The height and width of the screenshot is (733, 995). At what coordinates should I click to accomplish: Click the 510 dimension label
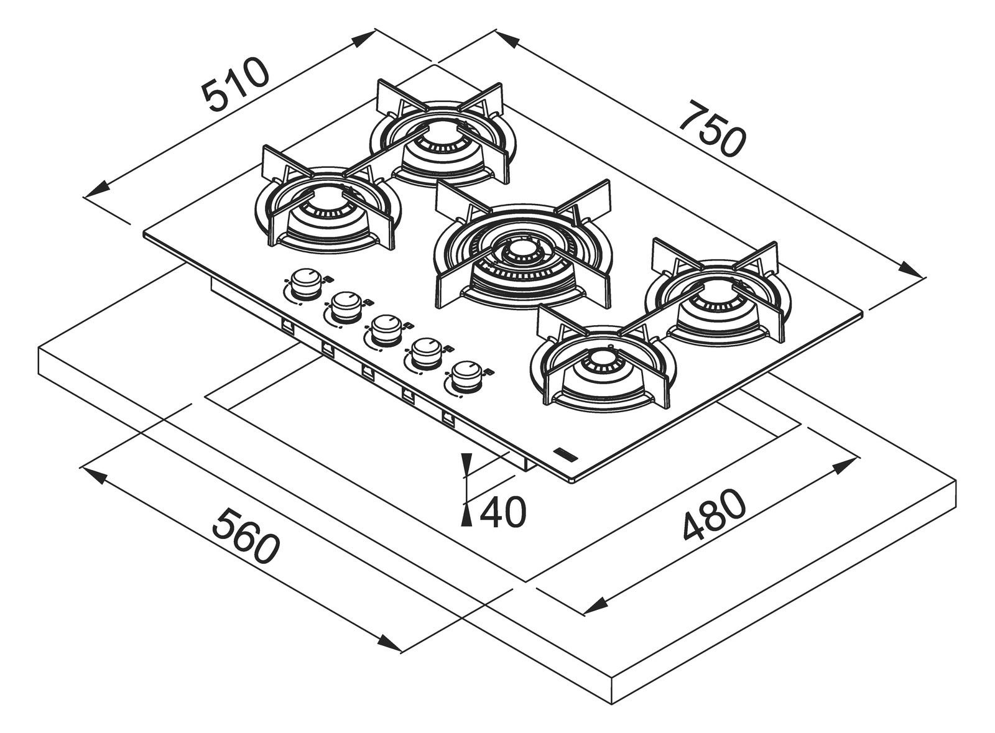(236, 90)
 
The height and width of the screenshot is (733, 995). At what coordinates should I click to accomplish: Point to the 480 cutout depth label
(713, 515)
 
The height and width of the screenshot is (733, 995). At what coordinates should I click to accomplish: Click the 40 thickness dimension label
(502, 512)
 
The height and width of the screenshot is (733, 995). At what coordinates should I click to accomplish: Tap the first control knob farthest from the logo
(305, 284)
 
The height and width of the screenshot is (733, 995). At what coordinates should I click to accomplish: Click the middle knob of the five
(385, 331)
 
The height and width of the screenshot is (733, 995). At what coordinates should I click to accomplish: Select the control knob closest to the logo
(465, 377)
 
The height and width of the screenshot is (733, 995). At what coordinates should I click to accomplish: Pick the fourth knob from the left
(425, 354)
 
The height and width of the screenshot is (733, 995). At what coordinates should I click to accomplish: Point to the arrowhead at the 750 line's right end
(910, 269)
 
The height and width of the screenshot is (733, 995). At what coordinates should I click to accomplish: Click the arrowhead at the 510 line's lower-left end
(98, 189)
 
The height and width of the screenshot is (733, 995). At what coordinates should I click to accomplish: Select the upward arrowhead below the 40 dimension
(467, 517)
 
